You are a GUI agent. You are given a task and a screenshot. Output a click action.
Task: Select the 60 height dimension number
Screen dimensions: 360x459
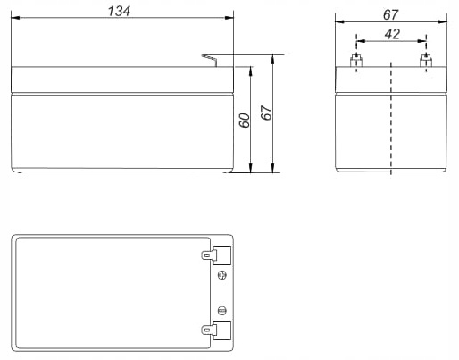(x=244, y=120)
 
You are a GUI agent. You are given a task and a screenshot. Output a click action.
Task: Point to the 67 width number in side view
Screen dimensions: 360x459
(x=390, y=13)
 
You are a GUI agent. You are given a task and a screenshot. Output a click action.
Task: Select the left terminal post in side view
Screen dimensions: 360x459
(x=355, y=62)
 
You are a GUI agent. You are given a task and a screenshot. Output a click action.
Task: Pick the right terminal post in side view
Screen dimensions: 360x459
(x=426, y=62)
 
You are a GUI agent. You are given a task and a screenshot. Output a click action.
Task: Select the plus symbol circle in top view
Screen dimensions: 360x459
(x=222, y=275)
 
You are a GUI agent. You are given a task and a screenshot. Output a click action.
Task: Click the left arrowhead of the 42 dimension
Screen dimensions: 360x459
(x=359, y=40)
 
